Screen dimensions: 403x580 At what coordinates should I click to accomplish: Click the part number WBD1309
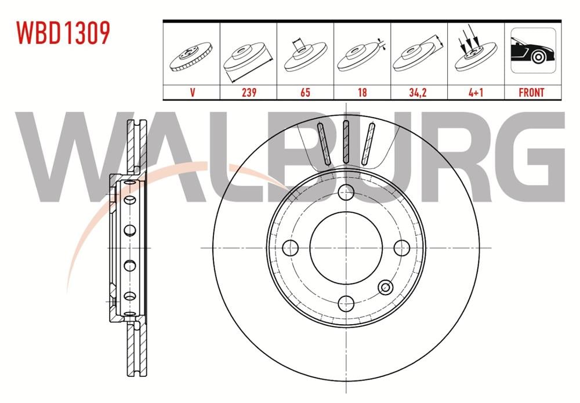tap(63, 33)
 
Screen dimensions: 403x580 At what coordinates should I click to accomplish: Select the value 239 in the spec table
tap(248, 92)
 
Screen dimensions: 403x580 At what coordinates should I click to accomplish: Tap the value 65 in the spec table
tap(305, 92)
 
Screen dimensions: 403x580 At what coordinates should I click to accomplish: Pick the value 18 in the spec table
tap(362, 92)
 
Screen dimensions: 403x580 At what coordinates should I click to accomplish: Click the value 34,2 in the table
tap(419, 92)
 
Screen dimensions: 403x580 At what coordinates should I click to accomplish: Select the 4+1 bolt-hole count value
tap(476, 92)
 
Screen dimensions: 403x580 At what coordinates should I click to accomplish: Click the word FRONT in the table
tap(532, 92)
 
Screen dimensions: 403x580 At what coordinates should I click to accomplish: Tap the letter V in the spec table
tap(191, 92)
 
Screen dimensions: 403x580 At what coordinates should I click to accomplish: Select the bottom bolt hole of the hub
tap(346, 303)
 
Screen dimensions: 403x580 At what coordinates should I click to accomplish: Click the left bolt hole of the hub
tap(290, 248)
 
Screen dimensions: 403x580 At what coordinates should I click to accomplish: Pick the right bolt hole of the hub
tap(401, 248)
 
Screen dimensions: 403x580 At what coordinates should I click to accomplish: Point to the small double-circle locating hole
tap(385, 286)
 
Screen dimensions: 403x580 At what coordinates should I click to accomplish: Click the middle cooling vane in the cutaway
tap(346, 143)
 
